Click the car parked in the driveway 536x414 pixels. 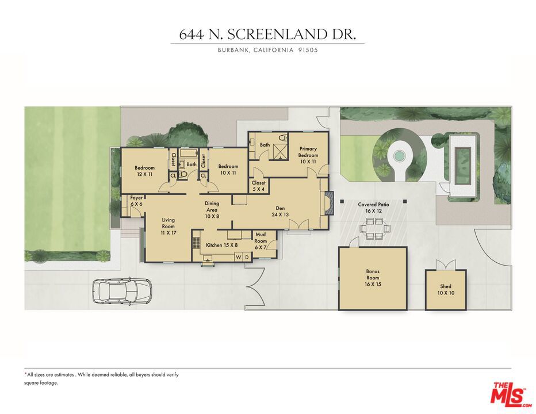(x=122, y=291)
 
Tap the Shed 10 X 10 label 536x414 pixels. (x=446, y=289)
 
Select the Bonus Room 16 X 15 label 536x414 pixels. (x=373, y=278)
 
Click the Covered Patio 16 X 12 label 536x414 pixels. (x=374, y=208)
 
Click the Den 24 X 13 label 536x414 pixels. (x=280, y=211)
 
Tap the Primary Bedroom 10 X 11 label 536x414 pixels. (x=308, y=155)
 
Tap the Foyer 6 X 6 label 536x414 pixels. (x=136, y=201)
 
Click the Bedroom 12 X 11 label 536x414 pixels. (x=144, y=170)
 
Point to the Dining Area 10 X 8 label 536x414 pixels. (x=212, y=210)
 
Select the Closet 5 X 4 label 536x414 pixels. (x=258, y=186)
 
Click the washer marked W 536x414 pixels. (x=238, y=257)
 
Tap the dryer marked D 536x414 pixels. (x=247, y=257)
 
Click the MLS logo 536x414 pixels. (x=509, y=394)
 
